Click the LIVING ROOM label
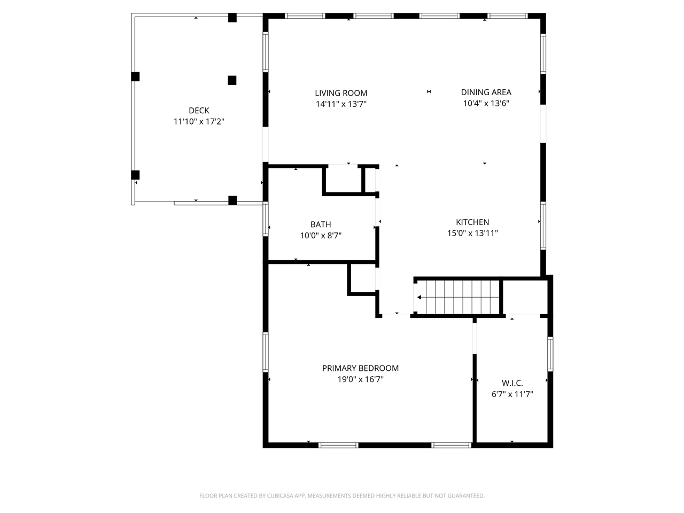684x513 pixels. pyautogui.click(x=341, y=93)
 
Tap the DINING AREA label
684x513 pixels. pyautogui.click(x=486, y=92)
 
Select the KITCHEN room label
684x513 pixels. pyautogui.click(x=472, y=222)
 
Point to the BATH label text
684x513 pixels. pyautogui.click(x=321, y=224)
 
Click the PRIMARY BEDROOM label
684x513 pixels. pyautogui.click(x=360, y=368)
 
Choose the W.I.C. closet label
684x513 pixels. pyautogui.click(x=512, y=383)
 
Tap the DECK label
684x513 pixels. pyautogui.click(x=199, y=111)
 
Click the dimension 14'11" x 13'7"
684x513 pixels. pyautogui.click(x=341, y=104)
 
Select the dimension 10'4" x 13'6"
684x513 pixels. pyautogui.click(x=486, y=104)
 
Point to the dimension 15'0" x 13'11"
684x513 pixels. pyautogui.click(x=472, y=234)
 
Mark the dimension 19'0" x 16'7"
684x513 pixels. pyautogui.click(x=360, y=379)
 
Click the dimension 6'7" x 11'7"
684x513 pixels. pyautogui.click(x=512, y=394)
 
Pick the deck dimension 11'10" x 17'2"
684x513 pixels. pyautogui.click(x=199, y=122)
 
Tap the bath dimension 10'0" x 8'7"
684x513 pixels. pyautogui.click(x=321, y=236)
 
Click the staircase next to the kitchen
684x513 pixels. pyautogui.click(x=457, y=297)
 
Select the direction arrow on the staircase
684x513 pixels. pyautogui.click(x=420, y=298)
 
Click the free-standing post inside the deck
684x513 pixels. pyautogui.click(x=232, y=80)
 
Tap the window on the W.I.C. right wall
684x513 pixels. pyautogui.click(x=550, y=353)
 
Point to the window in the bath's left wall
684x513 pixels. pyautogui.click(x=266, y=219)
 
